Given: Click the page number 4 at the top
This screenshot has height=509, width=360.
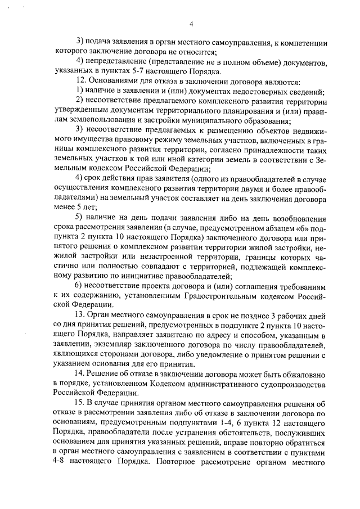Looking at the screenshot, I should (191, 24).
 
